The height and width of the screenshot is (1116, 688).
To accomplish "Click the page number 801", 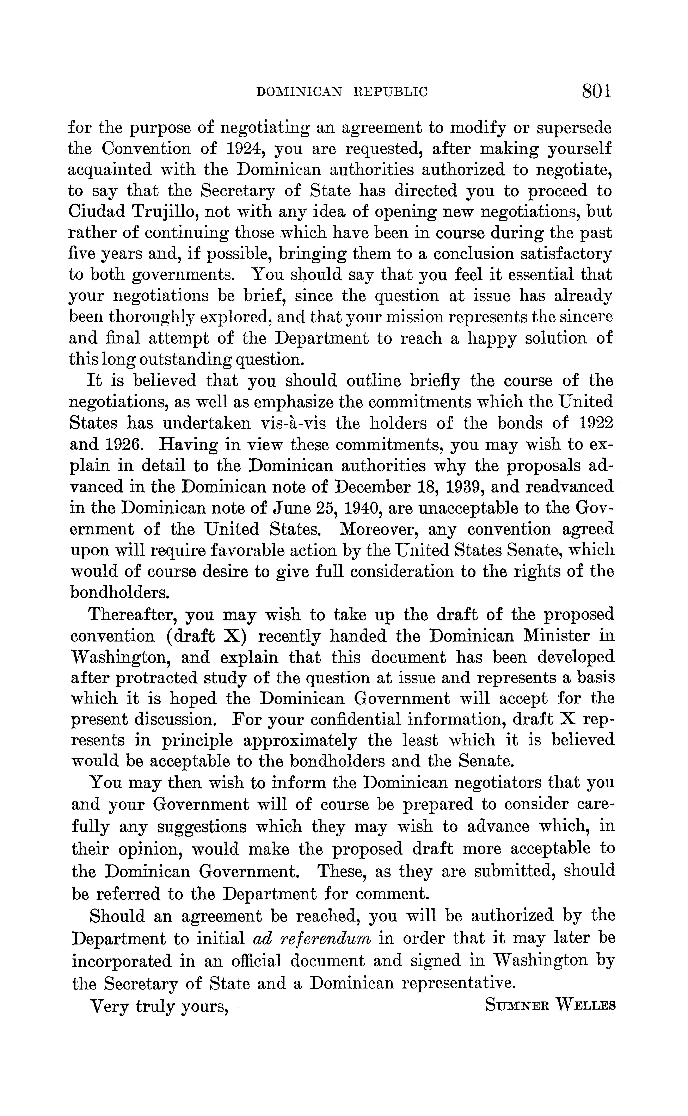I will click(596, 91).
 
